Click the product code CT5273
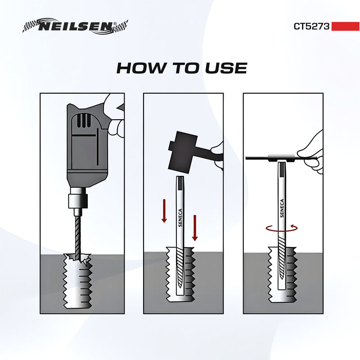312,26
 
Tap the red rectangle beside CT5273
345,26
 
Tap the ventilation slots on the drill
83,121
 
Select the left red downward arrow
164,211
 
